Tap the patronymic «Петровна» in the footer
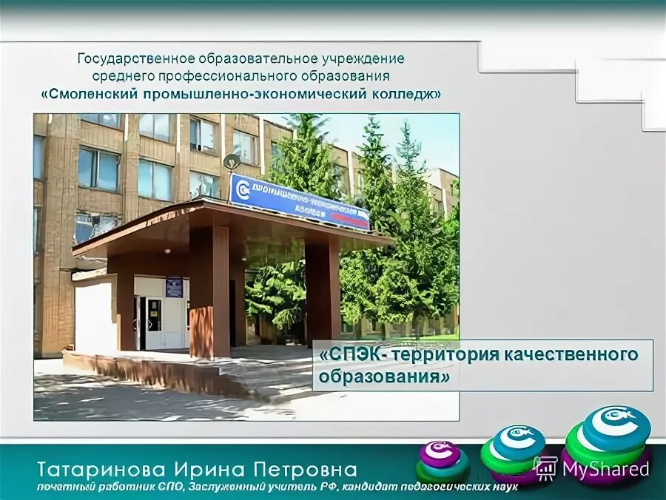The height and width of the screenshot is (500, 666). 304,469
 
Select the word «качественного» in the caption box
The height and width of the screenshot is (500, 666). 576,355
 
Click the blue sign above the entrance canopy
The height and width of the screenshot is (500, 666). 300,202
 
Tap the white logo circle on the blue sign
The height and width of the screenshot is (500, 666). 242,189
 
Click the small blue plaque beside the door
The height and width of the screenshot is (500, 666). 174,286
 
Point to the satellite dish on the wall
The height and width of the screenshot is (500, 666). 232,161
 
